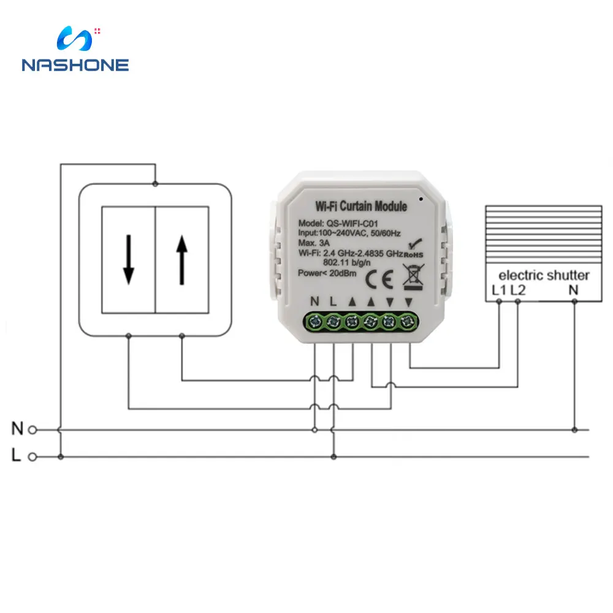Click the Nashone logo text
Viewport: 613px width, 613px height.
[75, 65]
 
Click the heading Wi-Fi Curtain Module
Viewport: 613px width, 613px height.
[361, 206]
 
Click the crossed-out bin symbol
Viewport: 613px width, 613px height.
[411, 276]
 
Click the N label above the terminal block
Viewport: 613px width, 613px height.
[315, 301]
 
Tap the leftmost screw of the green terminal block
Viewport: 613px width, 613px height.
[316, 321]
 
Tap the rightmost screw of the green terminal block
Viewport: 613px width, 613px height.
[408, 321]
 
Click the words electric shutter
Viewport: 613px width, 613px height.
[544, 275]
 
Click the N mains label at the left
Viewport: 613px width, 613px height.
[17, 429]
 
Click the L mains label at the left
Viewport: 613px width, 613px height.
[17, 455]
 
